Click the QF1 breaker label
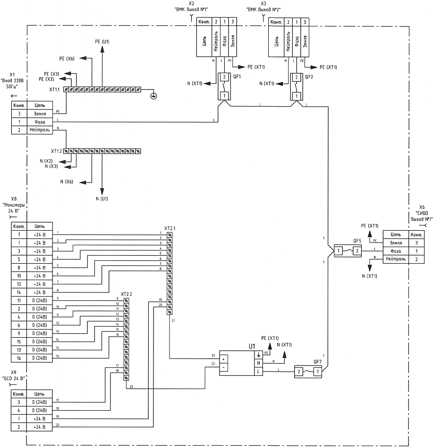pyautogui.click(x=237, y=76)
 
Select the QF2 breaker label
pyautogui.click(x=309, y=76)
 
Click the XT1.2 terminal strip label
pyautogui.click(x=56, y=151)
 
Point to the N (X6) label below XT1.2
pyautogui.click(x=67, y=182)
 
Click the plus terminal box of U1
pyautogui.click(x=223, y=359)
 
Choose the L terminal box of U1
pyautogui.click(x=259, y=372)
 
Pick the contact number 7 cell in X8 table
pyautogui.click(x=19, y=234)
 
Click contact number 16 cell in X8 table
pyautogui.click(x=19, y=358)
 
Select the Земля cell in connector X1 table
pyautogui.click(x=40, y=114)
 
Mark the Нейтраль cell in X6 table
pyautogui.click(x=396, y=259)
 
